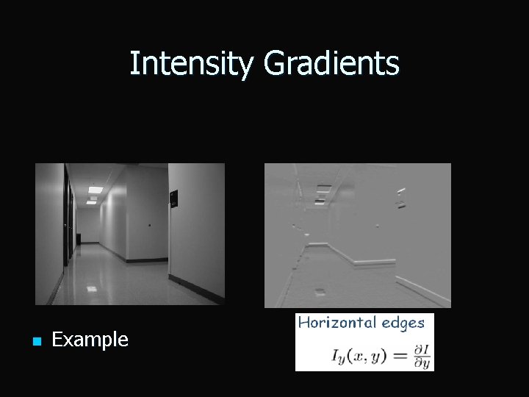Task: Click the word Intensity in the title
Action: click(x=193, y=64)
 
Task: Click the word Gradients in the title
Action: click(x=331, y=64)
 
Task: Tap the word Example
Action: click(x=90, y=340)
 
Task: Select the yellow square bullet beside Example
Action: click(x=35, y=340)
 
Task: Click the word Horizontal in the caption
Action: click(x=337, y=323)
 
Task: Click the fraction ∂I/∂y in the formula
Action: click(x=421, y=355)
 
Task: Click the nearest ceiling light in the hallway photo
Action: click(x=95, y=190)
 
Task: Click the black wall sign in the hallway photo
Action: click(x=173, y=198)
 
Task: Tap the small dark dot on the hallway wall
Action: click(x=149, y=226)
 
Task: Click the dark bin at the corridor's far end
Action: click(x=79, y=238)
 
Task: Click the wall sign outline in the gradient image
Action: click(x=400, y=197)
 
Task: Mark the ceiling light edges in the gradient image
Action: click(x=322, y=189)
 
